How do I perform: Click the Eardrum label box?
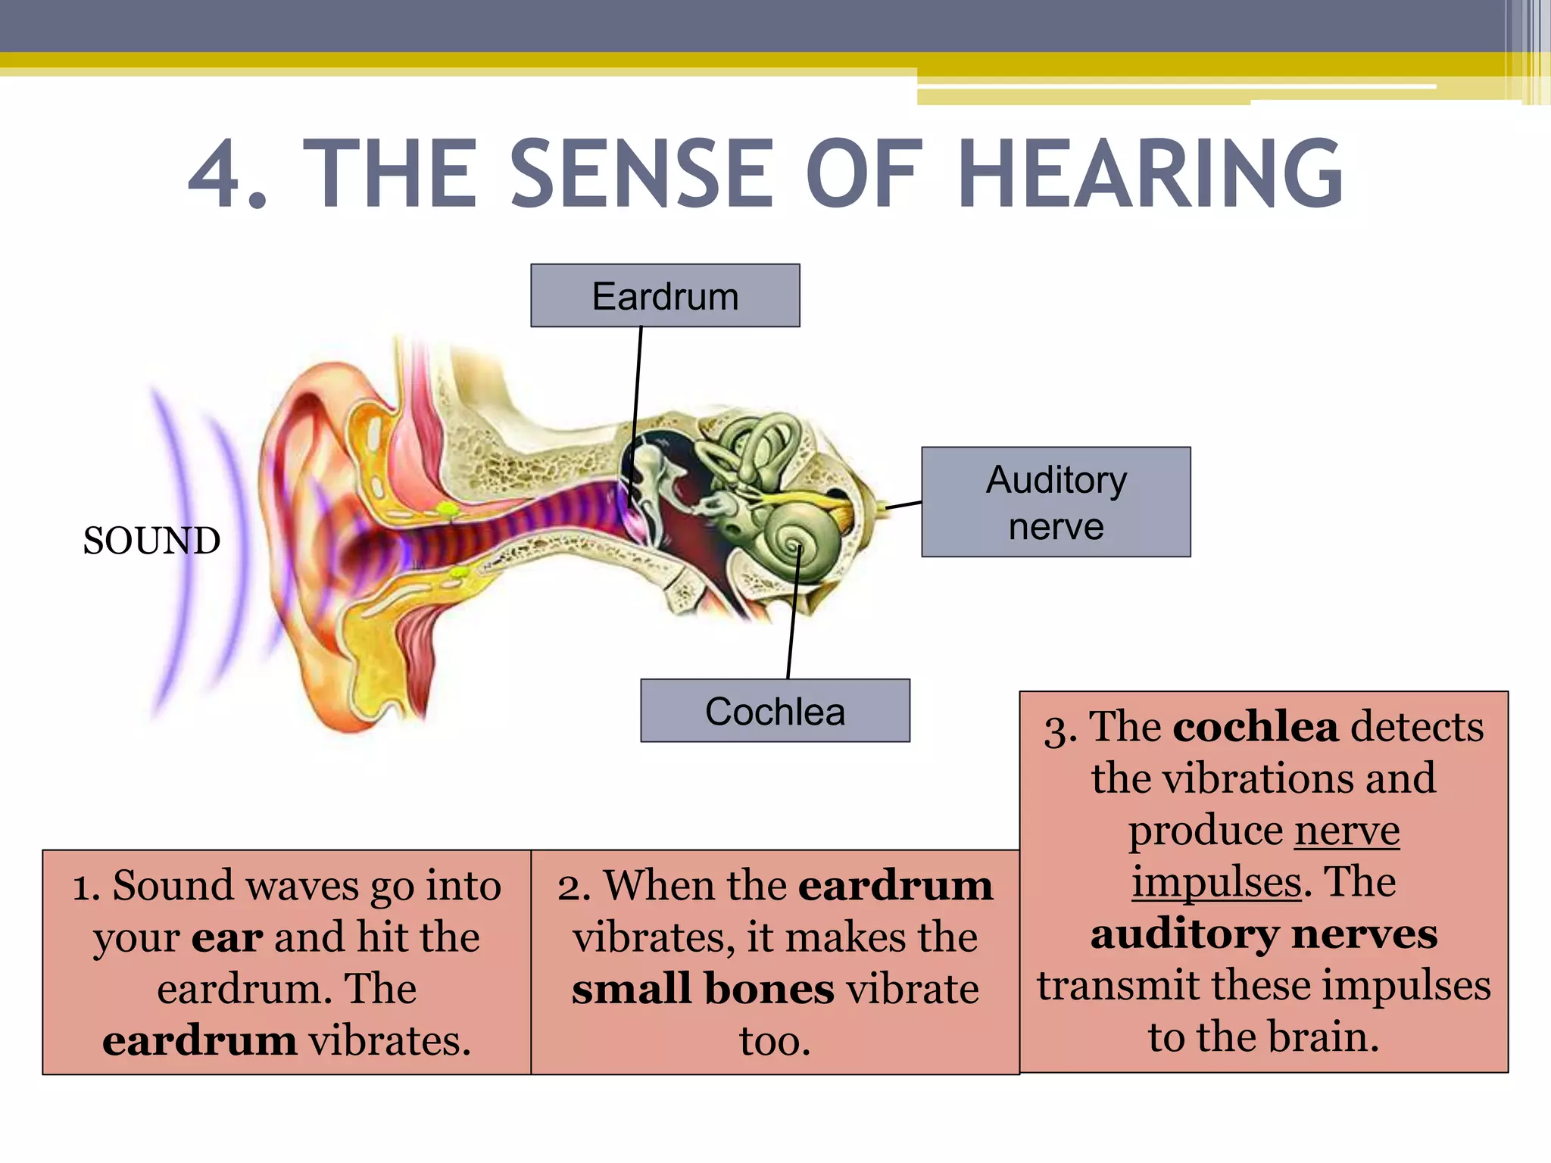tap(665, 296)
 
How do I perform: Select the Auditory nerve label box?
tap(1056, 502)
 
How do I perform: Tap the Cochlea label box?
tap(775, 711)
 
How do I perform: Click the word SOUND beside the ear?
tap(151, 541)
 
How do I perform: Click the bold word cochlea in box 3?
tap(1256, 727)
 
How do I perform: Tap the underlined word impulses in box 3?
tap(1216, 882)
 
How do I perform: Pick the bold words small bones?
tap(703, 989)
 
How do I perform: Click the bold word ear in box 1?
tap(227, 937)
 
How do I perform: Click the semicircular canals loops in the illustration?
tap(765, 447)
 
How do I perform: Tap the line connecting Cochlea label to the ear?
tap(793, 613)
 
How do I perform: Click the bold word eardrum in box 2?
tap(895, 886)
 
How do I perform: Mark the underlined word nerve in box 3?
tap(1347, 831)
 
